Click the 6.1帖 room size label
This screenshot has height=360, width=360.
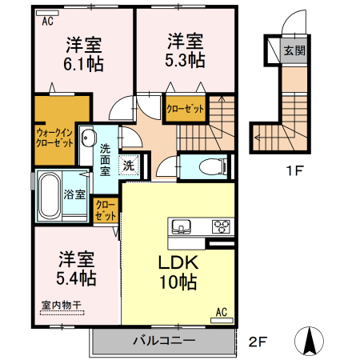pyautogui.click(x=83, y=65)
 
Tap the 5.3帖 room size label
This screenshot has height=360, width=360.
pyautogui.click(x=185, y=60)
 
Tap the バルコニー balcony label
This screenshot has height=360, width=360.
pyautogui.click(x=163, y=341)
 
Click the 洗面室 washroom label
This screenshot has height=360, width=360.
pyautogui.click(x=106, y=158)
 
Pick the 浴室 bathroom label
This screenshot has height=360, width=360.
pyautogui.click(x=75, y=194)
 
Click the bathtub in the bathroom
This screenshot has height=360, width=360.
pyautogui.click(x=50, y=196)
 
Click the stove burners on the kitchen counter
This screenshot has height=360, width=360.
pyautogui.click(x=220, y=226)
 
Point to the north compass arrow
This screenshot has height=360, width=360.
pyautogui.click(x=309, y=340)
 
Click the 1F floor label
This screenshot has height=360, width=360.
pyautogui.click(x=294, y=169)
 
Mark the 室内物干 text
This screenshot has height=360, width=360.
pyautogui.click(x=61, y=304)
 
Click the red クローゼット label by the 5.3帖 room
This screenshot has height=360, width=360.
pyautogui.click(x=185, y=109)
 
